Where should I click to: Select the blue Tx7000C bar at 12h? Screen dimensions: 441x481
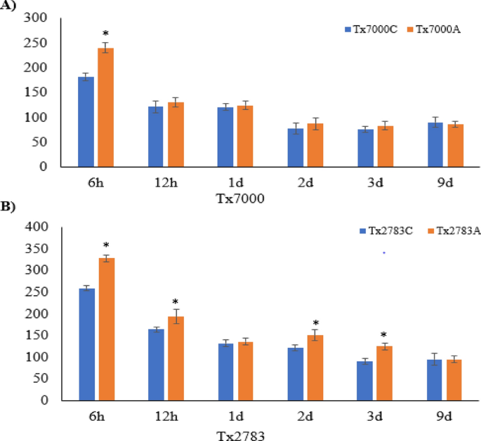(x=155, y=137)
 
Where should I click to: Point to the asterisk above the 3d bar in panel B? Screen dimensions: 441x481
(x=384, y=335)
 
